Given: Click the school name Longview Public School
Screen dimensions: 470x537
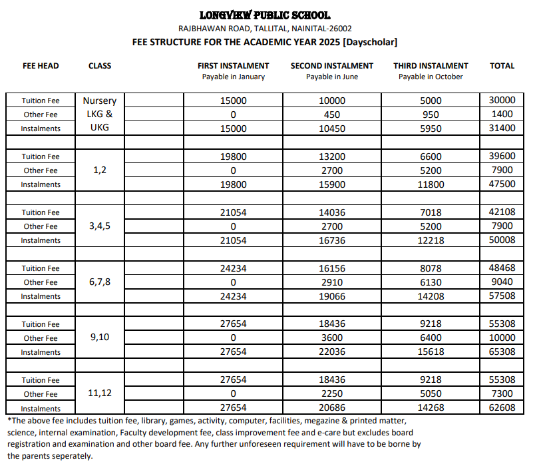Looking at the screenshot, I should pos(265,15).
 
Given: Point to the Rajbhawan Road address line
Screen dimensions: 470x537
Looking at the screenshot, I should pos(265,29).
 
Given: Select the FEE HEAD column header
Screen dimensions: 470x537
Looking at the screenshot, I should pos(41,66).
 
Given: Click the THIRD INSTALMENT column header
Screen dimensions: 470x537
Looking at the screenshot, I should pos(431,66).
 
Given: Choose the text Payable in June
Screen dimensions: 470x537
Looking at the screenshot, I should pos(331,77).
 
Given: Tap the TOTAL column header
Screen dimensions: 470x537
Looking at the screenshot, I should pos(502,66).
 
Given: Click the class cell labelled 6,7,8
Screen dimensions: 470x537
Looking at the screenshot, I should pos(99,282).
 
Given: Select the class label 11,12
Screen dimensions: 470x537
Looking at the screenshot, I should pos(99,394).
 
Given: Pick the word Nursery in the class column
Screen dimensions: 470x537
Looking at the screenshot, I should pos(100,101).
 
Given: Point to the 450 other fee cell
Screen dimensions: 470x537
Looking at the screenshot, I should pos(331,115).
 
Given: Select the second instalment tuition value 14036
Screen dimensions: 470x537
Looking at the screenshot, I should pos(331,212).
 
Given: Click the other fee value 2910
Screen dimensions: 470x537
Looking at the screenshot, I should pos(331,282).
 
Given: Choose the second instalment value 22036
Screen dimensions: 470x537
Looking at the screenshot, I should pos(331,352).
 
